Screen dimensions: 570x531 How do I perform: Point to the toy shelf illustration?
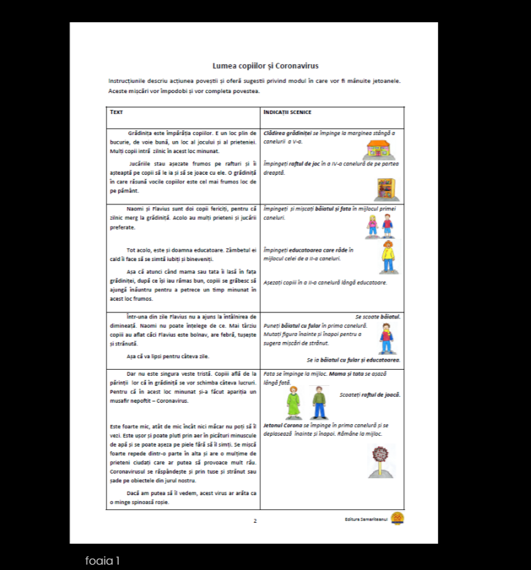pos(385,190)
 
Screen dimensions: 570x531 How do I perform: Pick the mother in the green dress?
pos(293,403)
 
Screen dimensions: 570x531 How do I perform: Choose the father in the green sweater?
pos(319,403)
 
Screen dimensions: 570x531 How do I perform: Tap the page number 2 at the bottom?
pos(255,521)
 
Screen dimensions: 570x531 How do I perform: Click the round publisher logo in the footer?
pos(397,518)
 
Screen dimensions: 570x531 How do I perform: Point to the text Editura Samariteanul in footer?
pos(365,519)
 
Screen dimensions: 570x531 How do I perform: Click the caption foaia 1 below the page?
pos(103,561)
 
